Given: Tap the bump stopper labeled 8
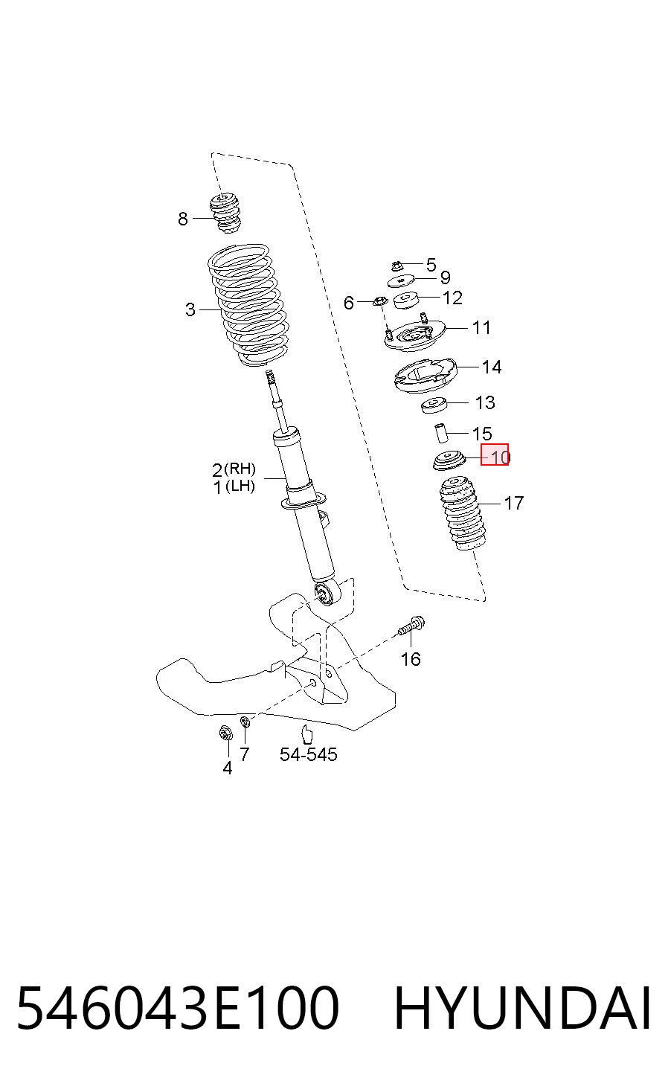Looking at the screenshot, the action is [225, 213].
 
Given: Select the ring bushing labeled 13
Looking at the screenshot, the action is [434, 405].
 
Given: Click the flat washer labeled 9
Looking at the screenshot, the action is [401, 280].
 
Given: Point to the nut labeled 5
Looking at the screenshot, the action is [396, 266].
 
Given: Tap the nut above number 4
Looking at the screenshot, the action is [225, 733].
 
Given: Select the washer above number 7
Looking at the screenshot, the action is [245, 721].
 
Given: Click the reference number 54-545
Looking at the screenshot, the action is [308, 754].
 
